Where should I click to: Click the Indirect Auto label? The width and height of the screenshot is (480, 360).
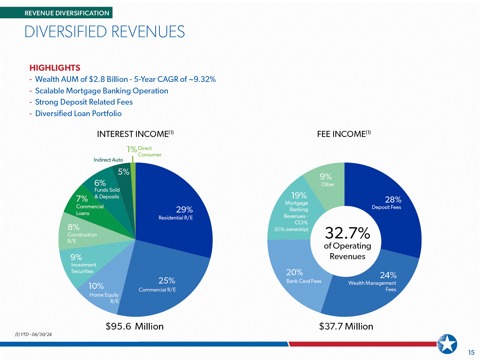(108, 160)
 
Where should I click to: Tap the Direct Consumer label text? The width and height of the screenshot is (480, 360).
(149, 151)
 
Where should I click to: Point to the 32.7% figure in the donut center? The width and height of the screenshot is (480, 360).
(348, 233)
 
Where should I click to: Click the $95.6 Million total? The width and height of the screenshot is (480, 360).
(134, 326)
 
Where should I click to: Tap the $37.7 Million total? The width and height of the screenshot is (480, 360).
(346, 326)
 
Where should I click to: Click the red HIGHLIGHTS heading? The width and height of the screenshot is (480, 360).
(55, 68)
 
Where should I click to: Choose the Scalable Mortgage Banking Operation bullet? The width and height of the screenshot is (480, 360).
(101, 91)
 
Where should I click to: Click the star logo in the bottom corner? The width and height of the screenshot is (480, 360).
(447, 344)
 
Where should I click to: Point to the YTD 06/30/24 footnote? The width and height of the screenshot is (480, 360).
(34, 334)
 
